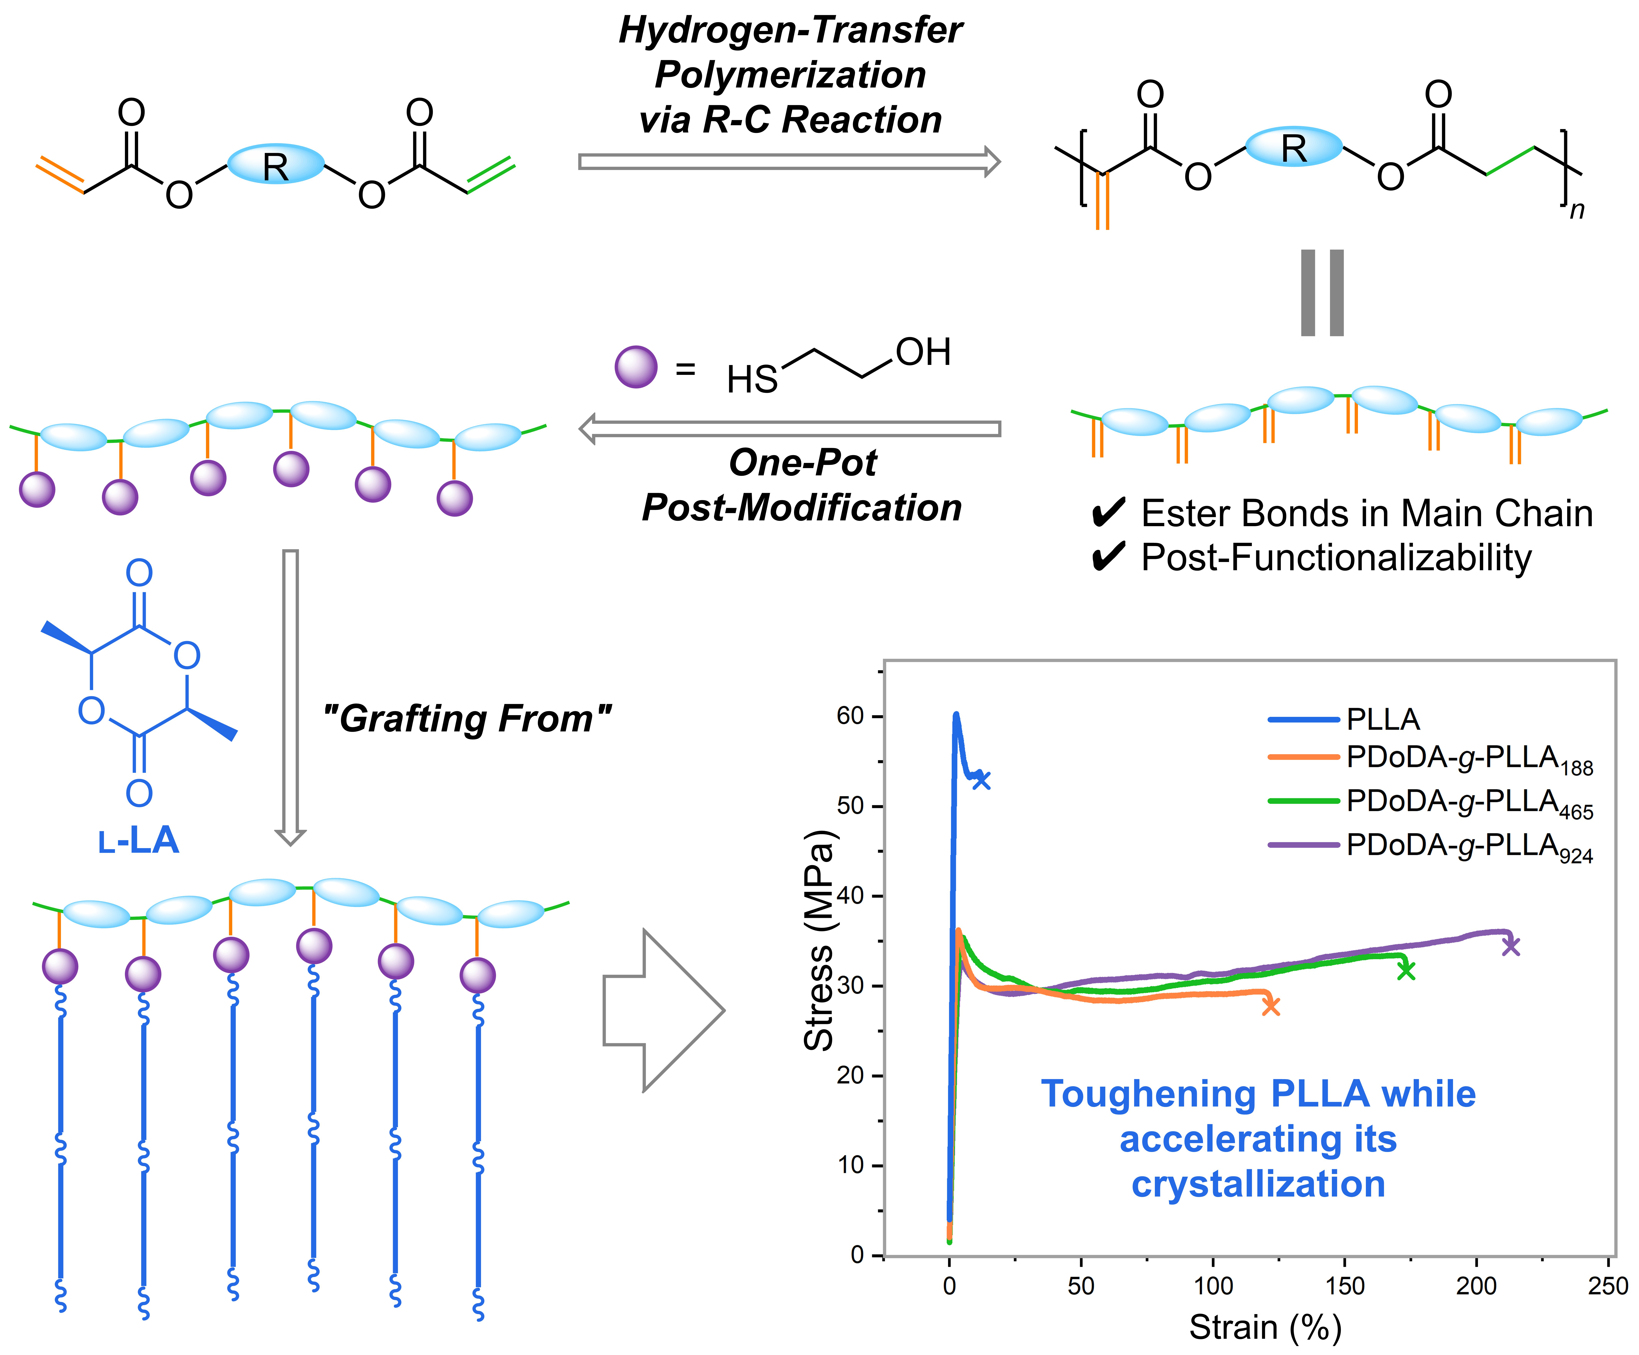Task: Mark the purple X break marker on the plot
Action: pyautogui.click(x=1511, y=946)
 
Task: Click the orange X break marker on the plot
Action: pyautogui.click(x=1271, y=1007)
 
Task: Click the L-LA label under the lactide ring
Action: pyautogui.click(x=139, y=841)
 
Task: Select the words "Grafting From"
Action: pyautogui.click(x=467, y=718)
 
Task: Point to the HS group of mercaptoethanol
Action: pyautogui.click(x=752, y=380)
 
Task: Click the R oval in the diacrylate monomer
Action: pyautogui.click(x=275, y=164)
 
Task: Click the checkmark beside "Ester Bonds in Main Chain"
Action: pyautogui.click(x=1108, y=513)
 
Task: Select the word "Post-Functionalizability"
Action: pyautogui.click(x=1336, y=557)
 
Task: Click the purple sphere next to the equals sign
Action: pyautogui.click(x=636, y=367)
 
